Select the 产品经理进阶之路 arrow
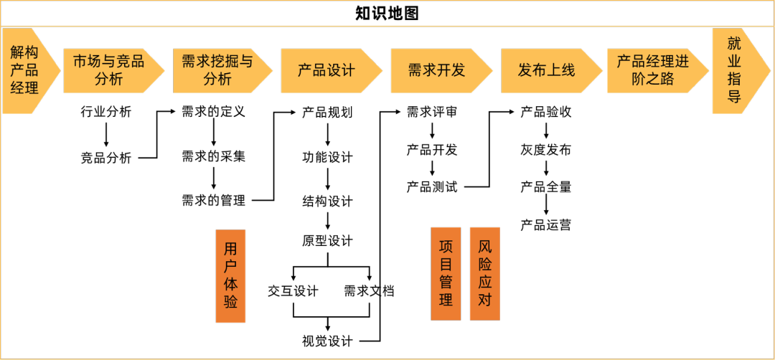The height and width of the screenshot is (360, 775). coord(654,70)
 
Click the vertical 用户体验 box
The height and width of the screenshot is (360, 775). coord(230,275)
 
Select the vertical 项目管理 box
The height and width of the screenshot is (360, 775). coord(446,273)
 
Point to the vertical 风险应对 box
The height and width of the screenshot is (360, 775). coord(485,273)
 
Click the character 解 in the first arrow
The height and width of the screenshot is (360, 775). coord(18,52)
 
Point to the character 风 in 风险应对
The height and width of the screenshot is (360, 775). coord(485,247)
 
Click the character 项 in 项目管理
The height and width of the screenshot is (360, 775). coord(446,247)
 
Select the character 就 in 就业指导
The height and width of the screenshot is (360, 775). coord(734,44)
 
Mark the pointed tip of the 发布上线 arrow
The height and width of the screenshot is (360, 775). coord(601,70)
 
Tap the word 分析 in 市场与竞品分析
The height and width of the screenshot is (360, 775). coord(108,79)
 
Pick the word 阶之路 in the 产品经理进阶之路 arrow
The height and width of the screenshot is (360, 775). coord(653,79)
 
